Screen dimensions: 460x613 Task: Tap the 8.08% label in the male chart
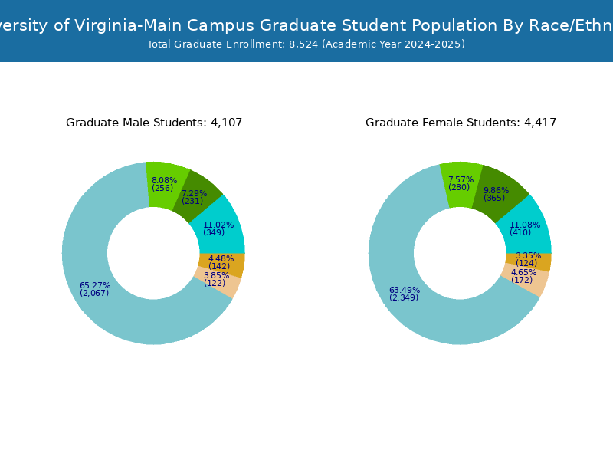[x=164, y=181]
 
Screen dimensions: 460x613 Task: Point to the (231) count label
[x=192, y=202]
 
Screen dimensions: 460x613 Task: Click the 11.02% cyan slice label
[x=218, y=225]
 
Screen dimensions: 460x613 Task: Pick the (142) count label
[x=219, y=267]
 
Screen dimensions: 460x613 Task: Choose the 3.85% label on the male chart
[x=216, y=276]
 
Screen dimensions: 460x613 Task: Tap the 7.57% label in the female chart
[x=461, y=180]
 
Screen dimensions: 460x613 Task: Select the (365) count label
[x=494, y=199]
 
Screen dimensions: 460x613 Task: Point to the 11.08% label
[x=525, y=225]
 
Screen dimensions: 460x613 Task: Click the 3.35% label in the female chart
[x=528, y=256]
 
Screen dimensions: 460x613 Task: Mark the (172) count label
[x=522, y=281]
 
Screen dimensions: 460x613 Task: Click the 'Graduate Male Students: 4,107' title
[x=154, y=123]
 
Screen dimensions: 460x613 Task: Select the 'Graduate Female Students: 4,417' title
[x=461, y=123]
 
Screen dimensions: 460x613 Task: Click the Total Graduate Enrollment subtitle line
[x=306, y=44]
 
